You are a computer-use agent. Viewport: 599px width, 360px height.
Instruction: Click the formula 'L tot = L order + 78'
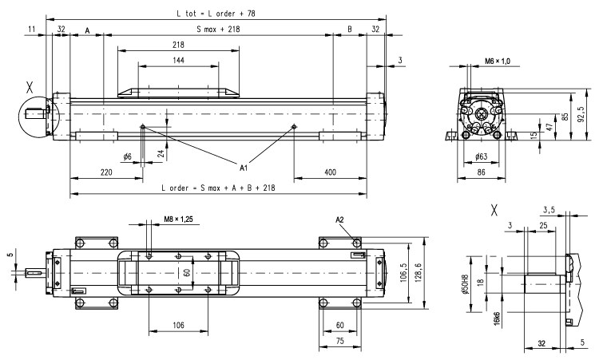pyautogui.click(x=216, y=13)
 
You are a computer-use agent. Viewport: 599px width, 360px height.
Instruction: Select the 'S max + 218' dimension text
pyautogui.click(x=218, y=30)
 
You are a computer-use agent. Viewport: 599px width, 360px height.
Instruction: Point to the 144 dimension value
pyautogui.click(x=177, y=61)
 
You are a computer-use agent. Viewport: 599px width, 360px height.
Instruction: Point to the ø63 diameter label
pyautogui.click(x=481, y=157)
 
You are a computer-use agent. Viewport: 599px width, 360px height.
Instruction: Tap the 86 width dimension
pyautogui.click(x=481, y=171)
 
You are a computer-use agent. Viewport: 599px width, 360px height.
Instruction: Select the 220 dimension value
pyautogui.click(x=105, y=172)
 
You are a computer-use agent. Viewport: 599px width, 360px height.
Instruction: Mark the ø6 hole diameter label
pyautogui.click(x=127, y=156)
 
